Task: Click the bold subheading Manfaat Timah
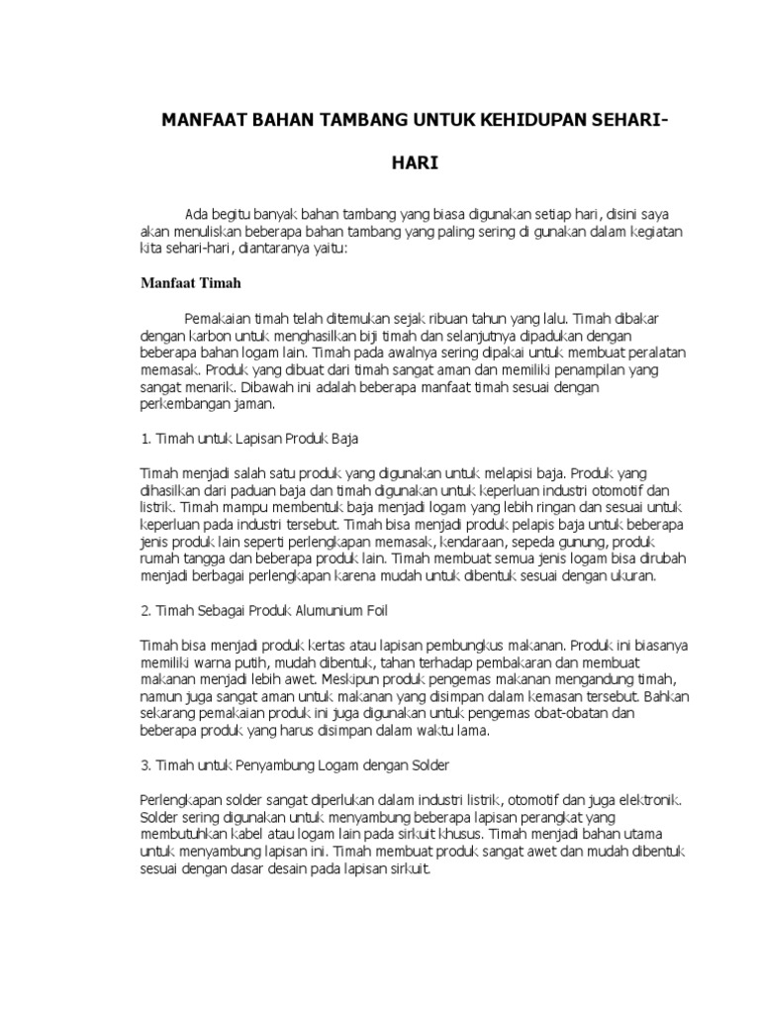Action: point(189,283)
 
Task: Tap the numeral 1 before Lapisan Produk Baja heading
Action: point(142,437)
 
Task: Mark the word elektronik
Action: point(646,798)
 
